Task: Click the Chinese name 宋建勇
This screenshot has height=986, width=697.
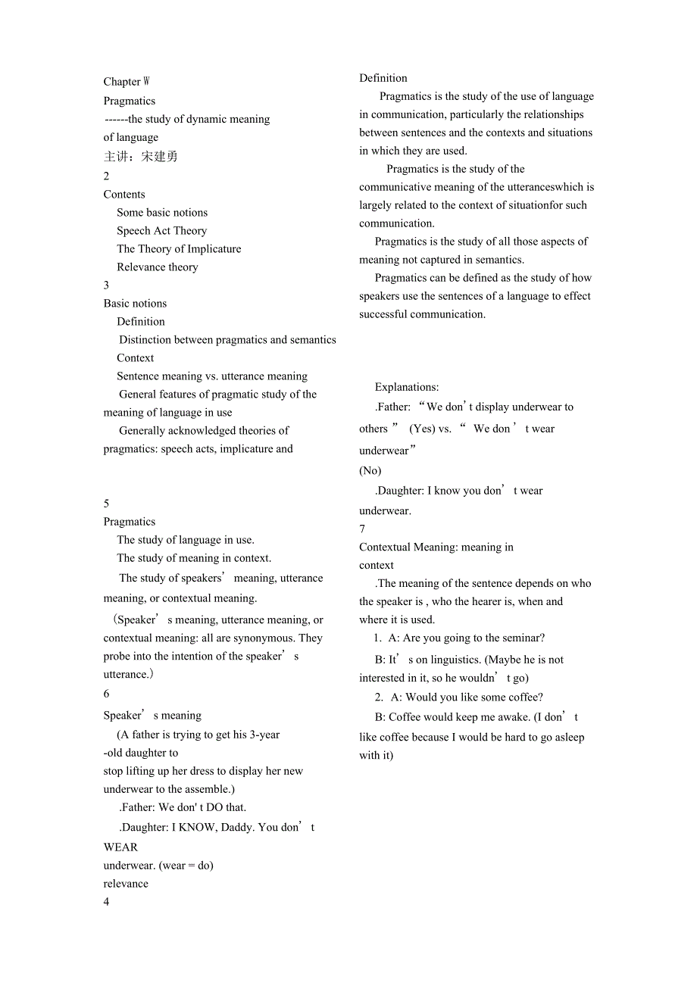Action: (159, 157)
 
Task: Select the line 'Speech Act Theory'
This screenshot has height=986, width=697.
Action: (161, 231)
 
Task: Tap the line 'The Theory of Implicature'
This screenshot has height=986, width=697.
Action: (179, 249)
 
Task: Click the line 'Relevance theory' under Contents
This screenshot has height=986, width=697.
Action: (158, 267)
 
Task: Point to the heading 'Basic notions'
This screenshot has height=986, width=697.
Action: (135, 304)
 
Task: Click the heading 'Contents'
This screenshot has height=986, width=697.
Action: (124, 195)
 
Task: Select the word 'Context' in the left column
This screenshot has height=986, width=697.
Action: (136, 358)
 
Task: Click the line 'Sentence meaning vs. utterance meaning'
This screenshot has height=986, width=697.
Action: (212, 376)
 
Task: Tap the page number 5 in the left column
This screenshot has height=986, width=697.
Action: (107, 504)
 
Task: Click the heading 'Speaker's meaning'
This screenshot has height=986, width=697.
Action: (152, 716)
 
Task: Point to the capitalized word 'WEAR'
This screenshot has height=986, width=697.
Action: (121, 847)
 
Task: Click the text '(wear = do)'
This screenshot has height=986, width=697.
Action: (186, 866)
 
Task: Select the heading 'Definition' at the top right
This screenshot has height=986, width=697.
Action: (383, 78)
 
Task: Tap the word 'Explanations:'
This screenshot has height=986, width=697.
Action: (407, 387)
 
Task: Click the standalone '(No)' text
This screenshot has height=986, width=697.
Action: (370, 470)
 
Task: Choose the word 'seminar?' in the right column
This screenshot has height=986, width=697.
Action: (523, 638)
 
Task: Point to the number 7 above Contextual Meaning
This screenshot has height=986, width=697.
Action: (362, 529)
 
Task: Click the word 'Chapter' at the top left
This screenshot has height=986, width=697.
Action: (122, 82)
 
